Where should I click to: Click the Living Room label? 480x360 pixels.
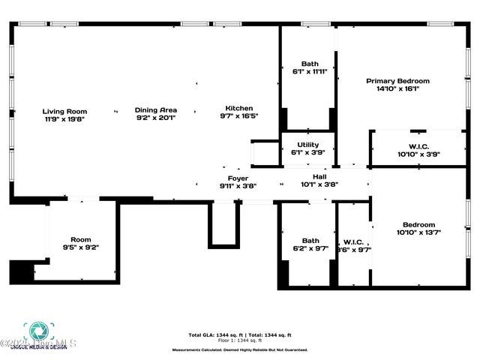click(59, 111)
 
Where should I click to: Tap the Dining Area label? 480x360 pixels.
click(156, 109)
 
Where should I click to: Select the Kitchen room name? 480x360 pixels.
click(238, 108)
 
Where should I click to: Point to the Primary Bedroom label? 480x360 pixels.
click(397, 81)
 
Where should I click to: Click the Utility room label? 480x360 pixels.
click(308, 145)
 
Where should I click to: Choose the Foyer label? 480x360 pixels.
click(238, 178)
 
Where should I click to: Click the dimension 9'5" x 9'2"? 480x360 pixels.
click(80, 247)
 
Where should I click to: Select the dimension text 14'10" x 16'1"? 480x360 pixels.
click(397, 88)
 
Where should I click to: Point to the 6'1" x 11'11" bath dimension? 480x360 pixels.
click(310, 72)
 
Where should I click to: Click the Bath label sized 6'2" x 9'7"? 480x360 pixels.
click(310, 241)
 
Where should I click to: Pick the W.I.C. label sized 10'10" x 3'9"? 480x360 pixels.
click(418, 145)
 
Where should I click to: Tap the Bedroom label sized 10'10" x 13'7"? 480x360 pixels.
click(418, 224)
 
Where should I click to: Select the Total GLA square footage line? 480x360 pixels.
click(239, 334)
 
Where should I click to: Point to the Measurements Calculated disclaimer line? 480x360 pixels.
click(239, 349)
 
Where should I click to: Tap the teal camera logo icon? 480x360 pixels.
click(35, 331)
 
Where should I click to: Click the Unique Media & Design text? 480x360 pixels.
click(42, 347)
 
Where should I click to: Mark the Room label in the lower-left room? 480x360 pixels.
click(80, 240)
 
